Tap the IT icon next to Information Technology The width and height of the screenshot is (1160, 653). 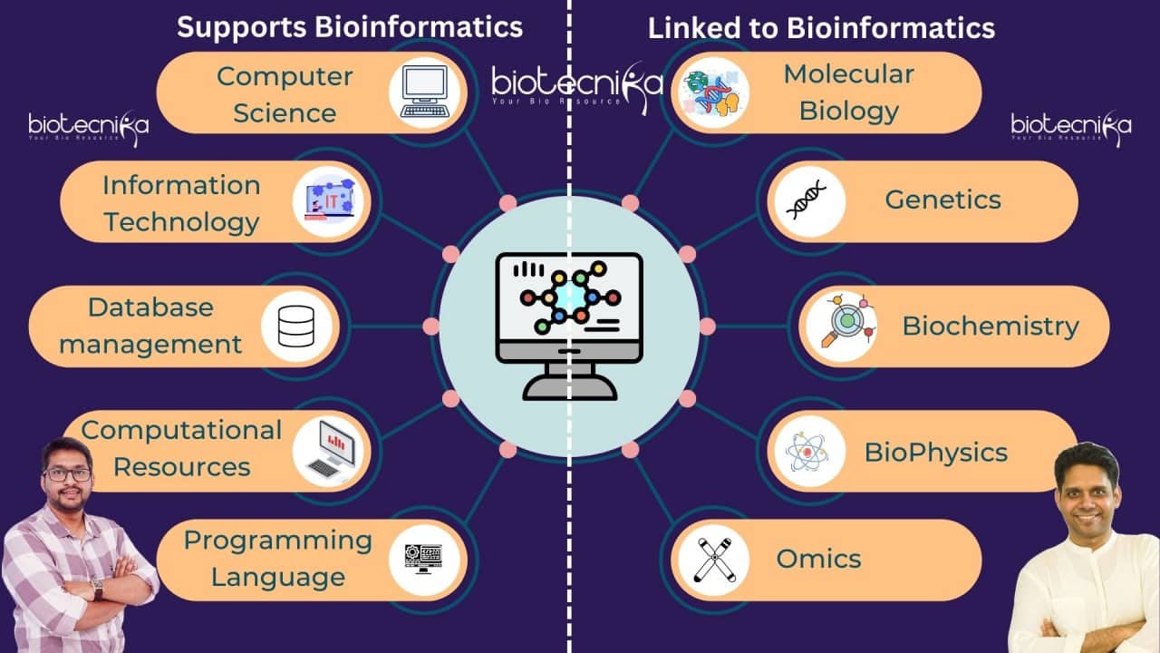coord(330,201)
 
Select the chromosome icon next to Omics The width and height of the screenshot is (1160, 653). coord(712,560)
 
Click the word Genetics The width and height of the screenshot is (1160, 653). coord(942,200)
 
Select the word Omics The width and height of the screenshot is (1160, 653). coord(818,559)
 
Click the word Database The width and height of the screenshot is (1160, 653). coord(150,307)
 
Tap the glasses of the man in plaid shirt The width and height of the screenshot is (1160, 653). coord(67,474)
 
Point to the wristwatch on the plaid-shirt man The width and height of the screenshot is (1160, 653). coord(97,588)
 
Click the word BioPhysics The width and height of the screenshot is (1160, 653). coord(936,452)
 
